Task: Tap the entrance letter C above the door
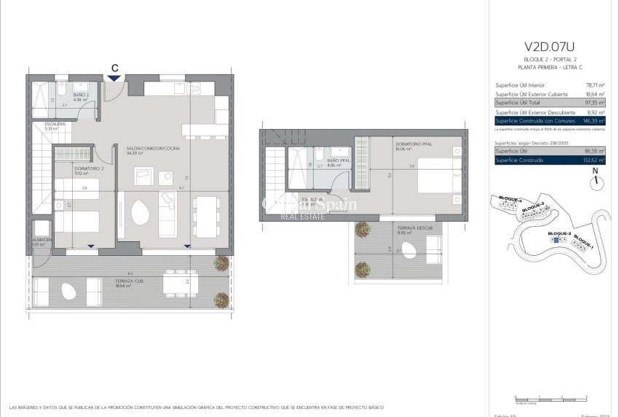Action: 114,69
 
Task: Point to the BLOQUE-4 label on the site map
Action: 510,198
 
